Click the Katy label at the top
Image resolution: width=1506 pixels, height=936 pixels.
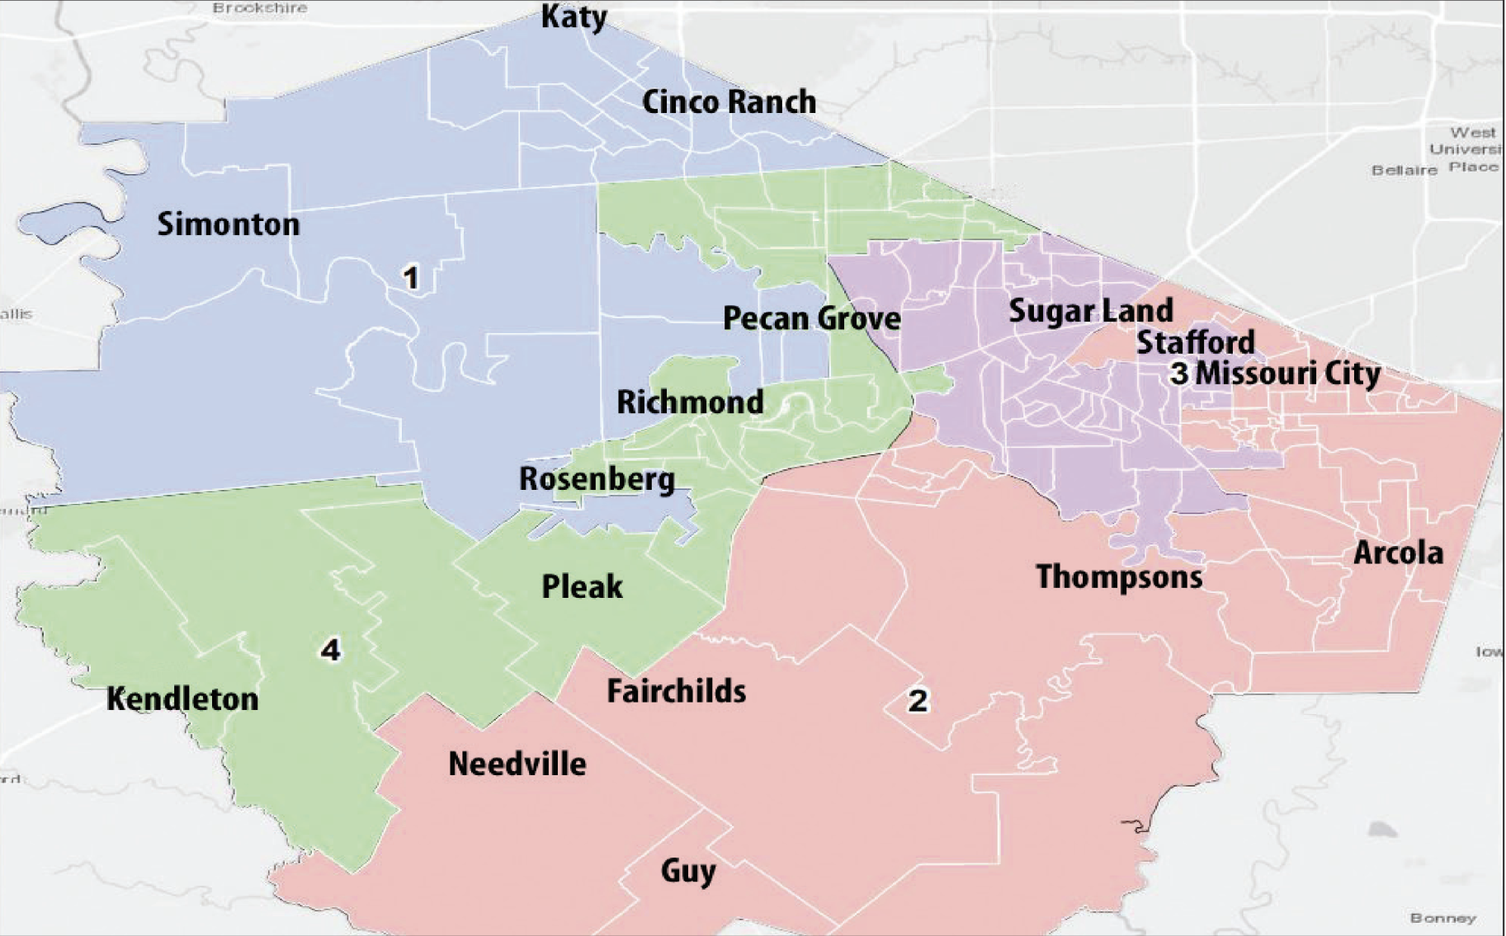point(574,16)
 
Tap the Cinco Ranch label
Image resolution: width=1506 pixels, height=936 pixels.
point(729,102)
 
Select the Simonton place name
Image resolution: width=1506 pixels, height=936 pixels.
point(229,224)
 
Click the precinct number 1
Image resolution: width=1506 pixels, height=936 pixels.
point(410,278)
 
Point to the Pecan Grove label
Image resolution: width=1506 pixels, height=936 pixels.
point(811,318)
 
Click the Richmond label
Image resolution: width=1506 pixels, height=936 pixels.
point(690,402)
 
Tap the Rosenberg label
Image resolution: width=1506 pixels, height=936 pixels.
point(597,479)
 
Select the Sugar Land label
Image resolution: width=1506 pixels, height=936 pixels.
point(1090,311)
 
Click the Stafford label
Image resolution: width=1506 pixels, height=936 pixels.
point(1195,342)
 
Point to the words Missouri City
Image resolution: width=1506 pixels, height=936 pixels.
point(1287,374)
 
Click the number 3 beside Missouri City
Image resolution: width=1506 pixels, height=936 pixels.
point(1179,374)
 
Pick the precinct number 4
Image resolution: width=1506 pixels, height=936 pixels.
point(330,651)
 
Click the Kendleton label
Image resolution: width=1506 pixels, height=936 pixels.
point(182,699)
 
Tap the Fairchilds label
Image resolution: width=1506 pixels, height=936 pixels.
point(676,691)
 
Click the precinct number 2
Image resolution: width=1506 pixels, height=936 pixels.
point(918,701)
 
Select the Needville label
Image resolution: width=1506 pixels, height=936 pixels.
point(517,764)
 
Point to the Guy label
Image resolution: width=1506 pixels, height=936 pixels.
point(687,871)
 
